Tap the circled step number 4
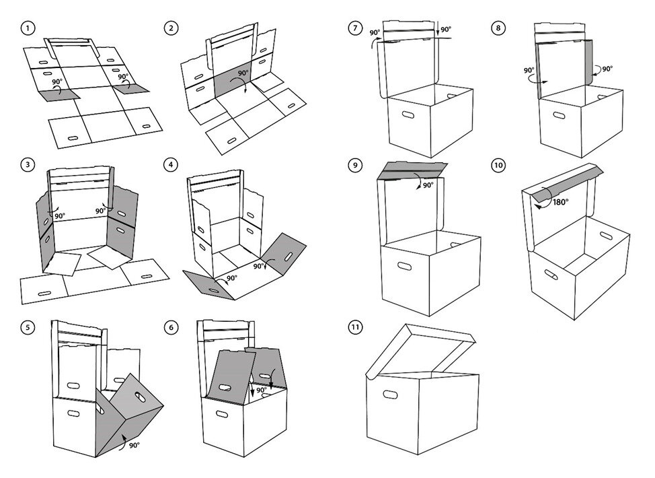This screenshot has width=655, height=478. coord(173,164)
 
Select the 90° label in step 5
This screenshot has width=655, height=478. coord(134,445)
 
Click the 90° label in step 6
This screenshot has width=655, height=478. coord(262,390)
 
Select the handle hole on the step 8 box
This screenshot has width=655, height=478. coord(560,116)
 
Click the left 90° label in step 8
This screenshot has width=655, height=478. coord(529,69)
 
